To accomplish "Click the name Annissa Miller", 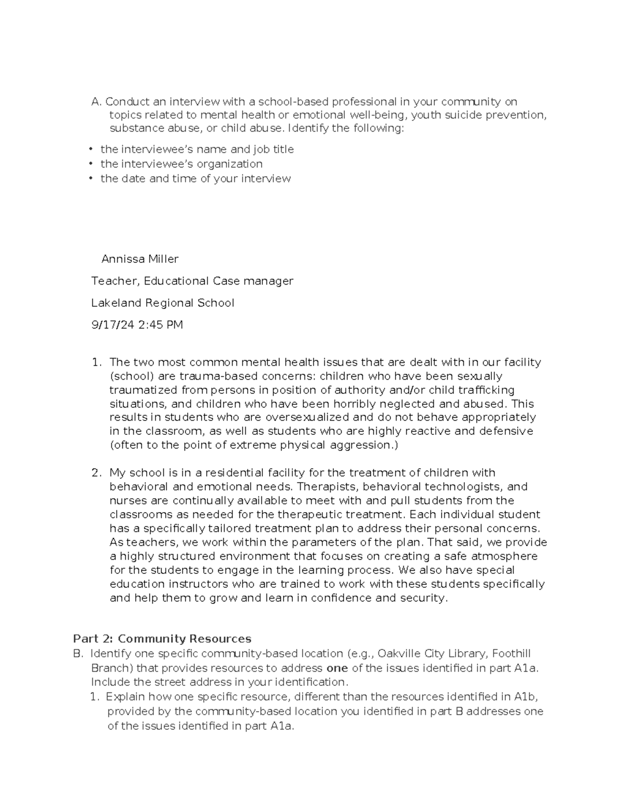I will pos(139,259).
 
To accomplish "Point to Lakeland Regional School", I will pos(163,303).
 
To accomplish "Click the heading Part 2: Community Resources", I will pos(162,639).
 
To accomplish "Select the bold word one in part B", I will pos(337,668).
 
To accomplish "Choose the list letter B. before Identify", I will pos(78,653).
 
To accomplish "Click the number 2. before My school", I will pos(96,473).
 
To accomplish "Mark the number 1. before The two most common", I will pos(96,362).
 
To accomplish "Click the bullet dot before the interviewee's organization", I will pos(90,164).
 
